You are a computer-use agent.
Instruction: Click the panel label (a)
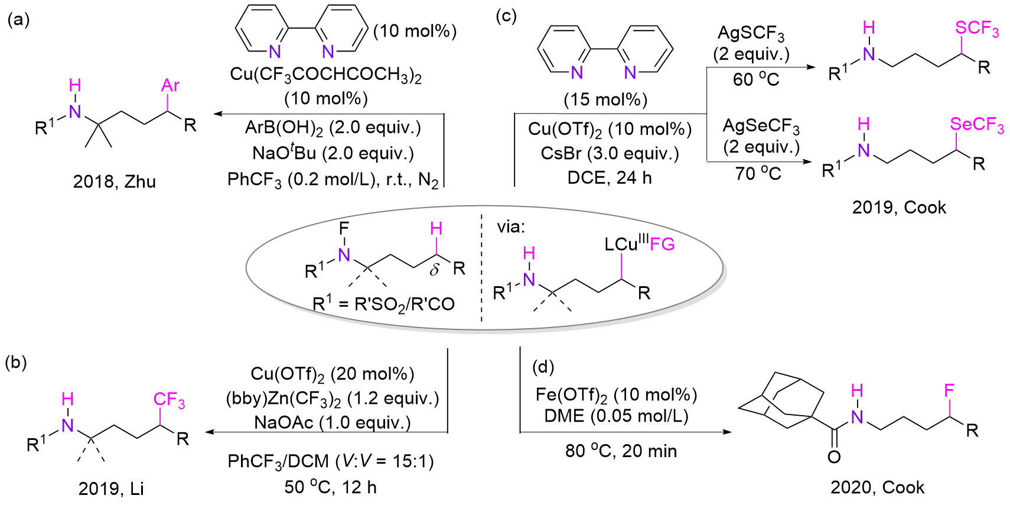tap(18, 20)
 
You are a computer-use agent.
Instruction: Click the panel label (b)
tap(16, 362)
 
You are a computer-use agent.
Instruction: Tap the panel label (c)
tap(506, 16)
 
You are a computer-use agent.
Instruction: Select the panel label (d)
tap(543, 367)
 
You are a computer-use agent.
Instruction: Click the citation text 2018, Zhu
tap(115, 181)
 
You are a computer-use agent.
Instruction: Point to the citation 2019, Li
tap(111, 488)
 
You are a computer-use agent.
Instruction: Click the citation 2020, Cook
tap(877, 487)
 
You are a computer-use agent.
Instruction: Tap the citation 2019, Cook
tap(899, 207)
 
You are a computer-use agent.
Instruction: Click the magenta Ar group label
tap(170, 86)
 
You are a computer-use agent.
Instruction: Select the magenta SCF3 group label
tap(977, 28)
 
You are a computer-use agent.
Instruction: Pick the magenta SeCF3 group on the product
tap(977, 125)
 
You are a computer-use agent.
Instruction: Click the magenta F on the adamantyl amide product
tap(949, 390)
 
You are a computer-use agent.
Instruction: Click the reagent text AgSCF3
tap(751, 33)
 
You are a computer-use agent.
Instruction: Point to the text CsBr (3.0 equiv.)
tap(610, 153)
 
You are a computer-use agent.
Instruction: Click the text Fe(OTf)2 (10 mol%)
tap(616, 394)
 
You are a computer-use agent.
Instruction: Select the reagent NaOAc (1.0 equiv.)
tap(333, 422)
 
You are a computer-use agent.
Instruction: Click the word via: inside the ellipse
tap(511, 226)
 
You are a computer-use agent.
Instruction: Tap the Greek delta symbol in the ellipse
tap(435, 270)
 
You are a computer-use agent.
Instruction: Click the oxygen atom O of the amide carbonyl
tap(834, 457)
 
